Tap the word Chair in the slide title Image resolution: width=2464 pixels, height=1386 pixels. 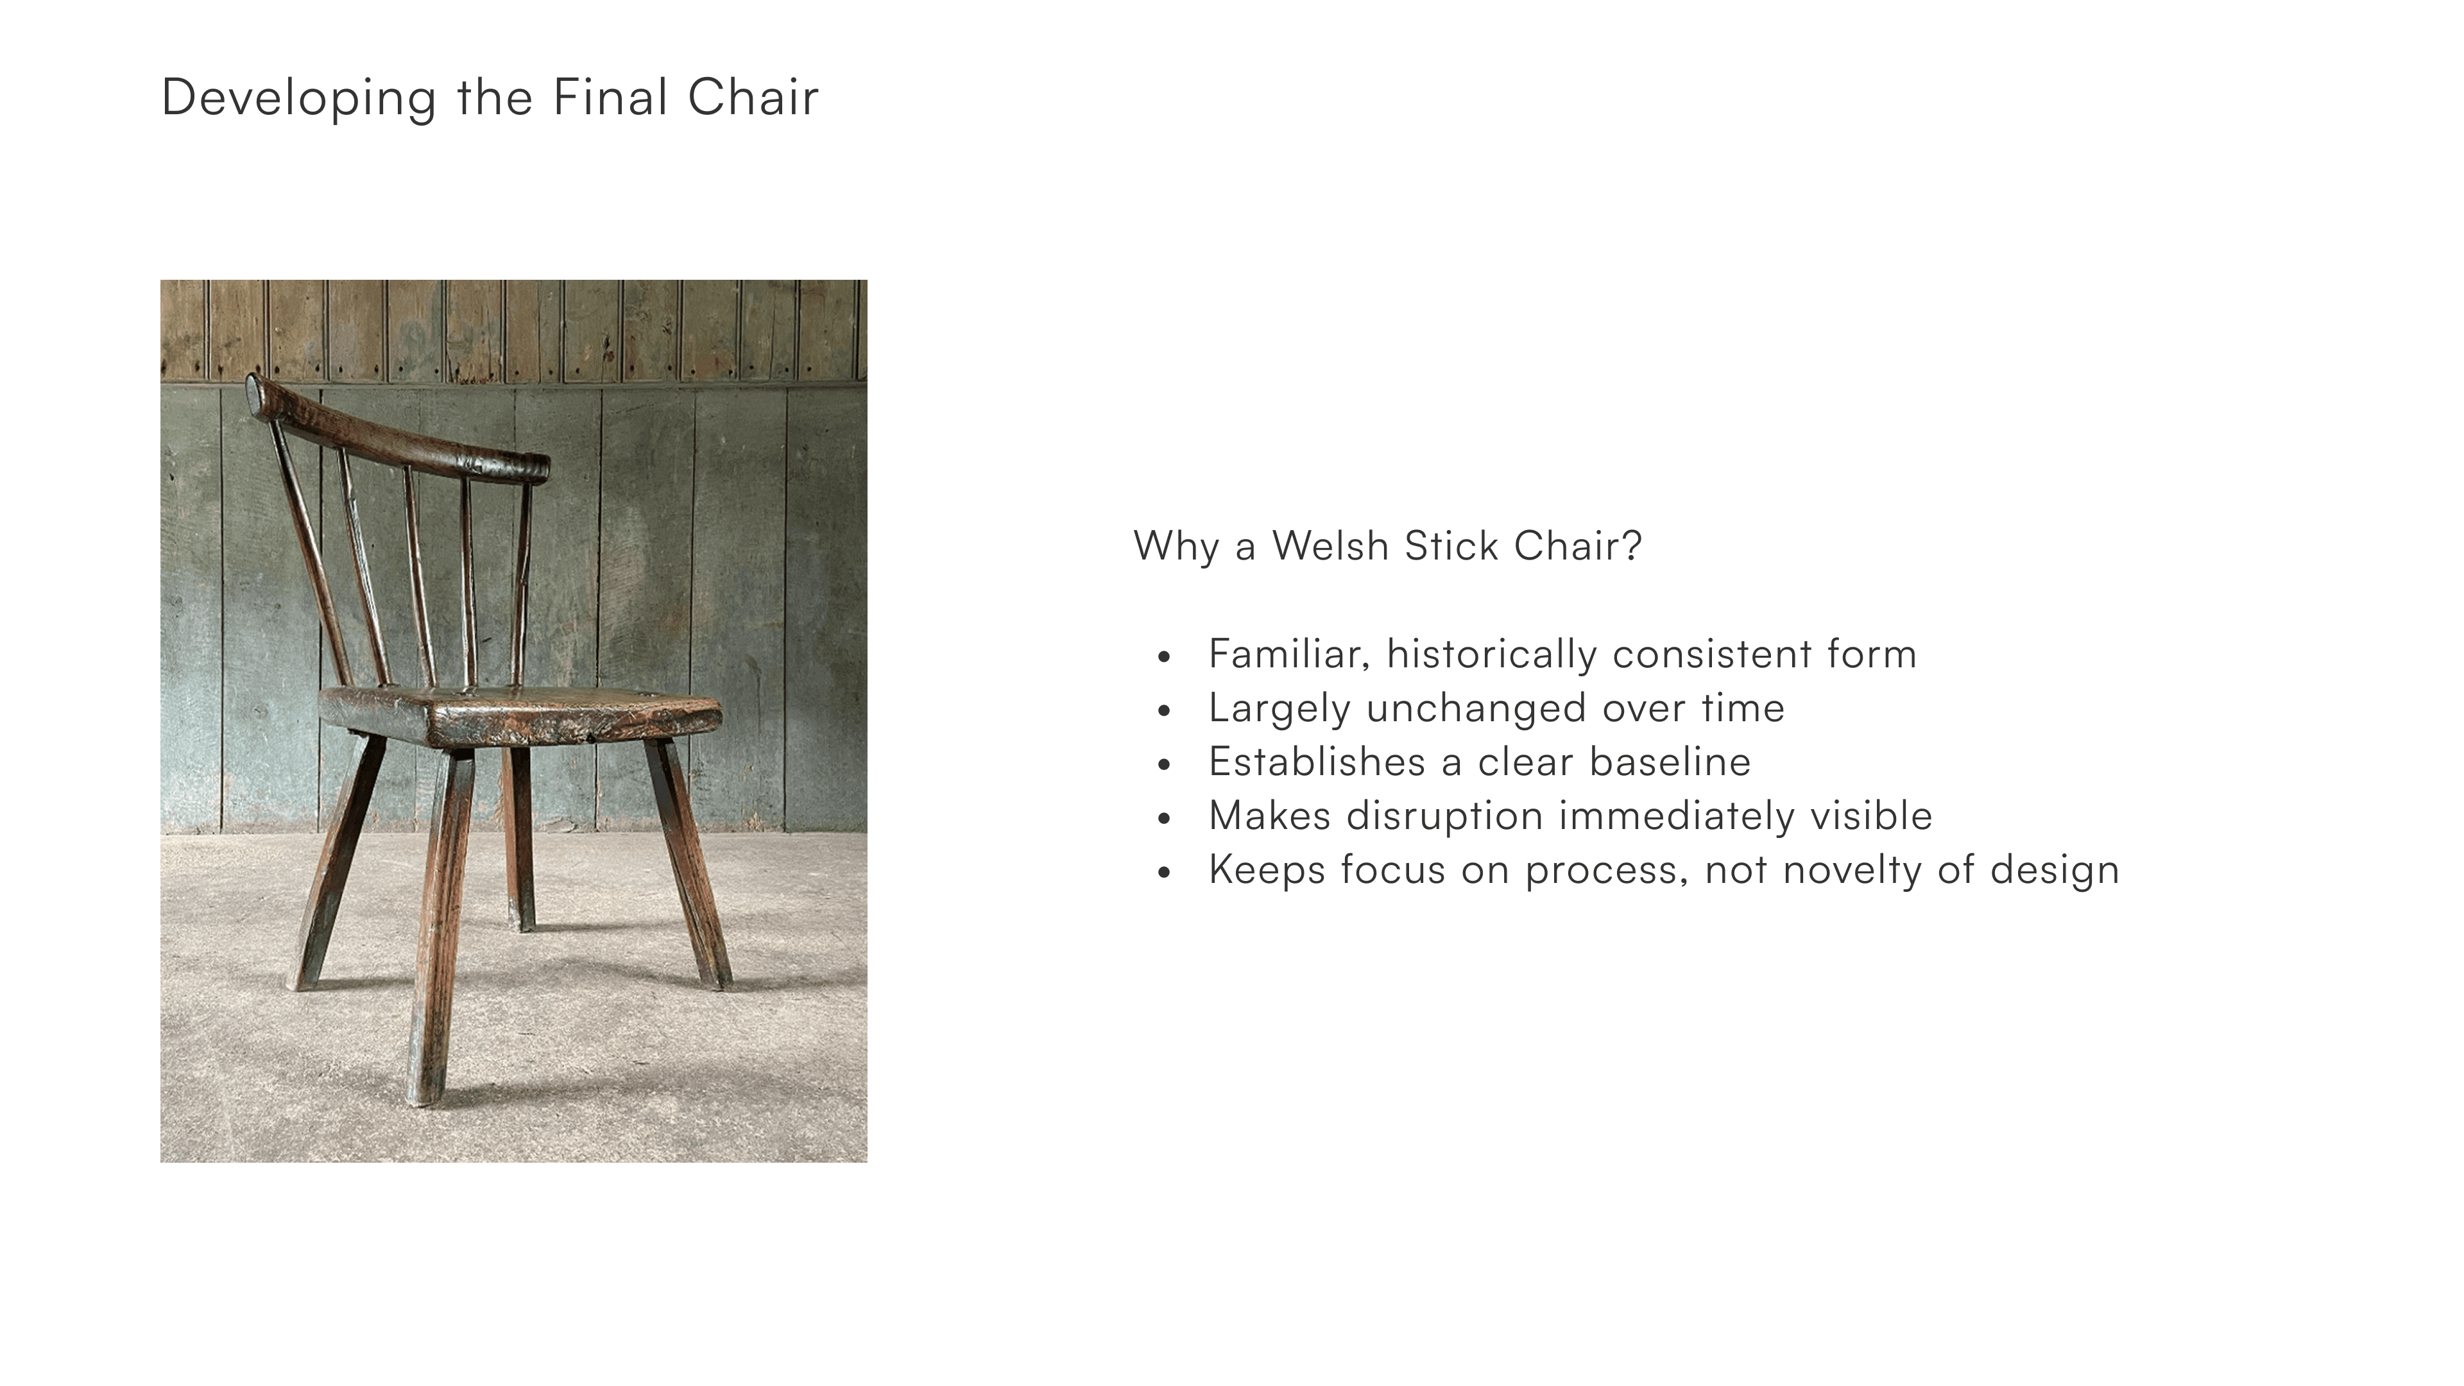tap(753, 97)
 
